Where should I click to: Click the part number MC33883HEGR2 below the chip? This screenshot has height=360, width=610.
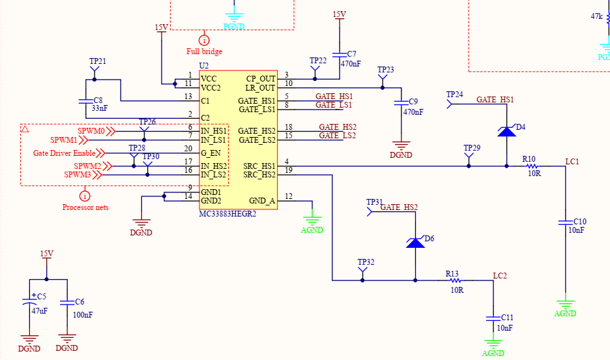(x=227, y=214)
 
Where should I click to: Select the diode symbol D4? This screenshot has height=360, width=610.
(x=506, y=131)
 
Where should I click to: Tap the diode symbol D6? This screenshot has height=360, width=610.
(x=415, y=243)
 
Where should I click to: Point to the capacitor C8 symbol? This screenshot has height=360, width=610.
(x=85, y=101)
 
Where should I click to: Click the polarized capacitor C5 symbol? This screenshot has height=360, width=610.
(x=29, y=303)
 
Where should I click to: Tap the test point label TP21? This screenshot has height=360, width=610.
(x=97, y=61)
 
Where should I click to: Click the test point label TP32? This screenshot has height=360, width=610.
(x=366, y=262)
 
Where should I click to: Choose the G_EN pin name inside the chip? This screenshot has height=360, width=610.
(x=211, y=153)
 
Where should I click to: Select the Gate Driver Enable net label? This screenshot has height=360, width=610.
(x=65, y=153)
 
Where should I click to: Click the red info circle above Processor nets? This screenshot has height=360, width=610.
(x=85, y=195)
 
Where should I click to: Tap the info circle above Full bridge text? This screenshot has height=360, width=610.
(x=204, y=39)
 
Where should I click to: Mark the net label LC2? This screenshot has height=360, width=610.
(x=499, y=276)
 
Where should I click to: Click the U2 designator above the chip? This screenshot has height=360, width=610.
(x=203, y=66)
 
